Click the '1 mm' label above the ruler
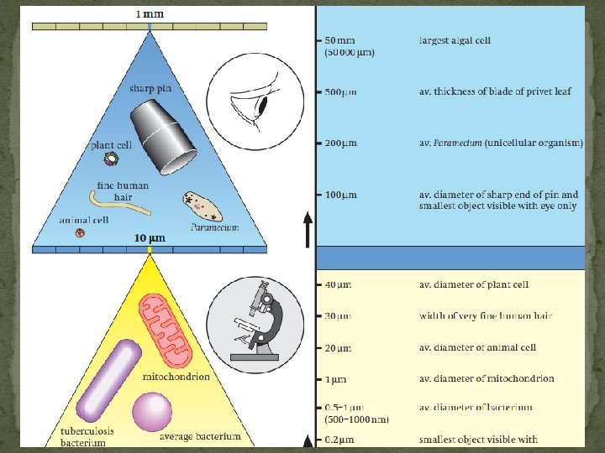coord(150,13)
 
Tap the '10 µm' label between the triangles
coord(150,237)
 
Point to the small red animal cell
coord(80,233)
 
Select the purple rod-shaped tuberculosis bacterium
coord(108,380)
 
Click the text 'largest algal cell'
coord(455,40)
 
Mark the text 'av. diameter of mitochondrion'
coord(487,378)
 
